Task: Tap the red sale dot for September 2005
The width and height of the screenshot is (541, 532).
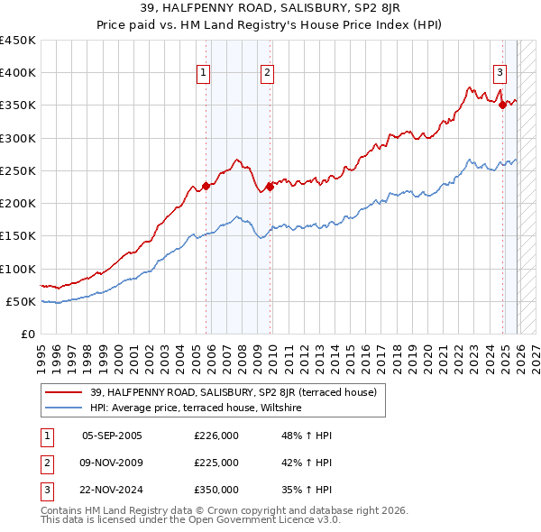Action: click(206, 186)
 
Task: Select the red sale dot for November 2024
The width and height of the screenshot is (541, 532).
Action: click(502, 105)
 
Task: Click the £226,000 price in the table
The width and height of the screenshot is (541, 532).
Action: click(216, 436)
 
